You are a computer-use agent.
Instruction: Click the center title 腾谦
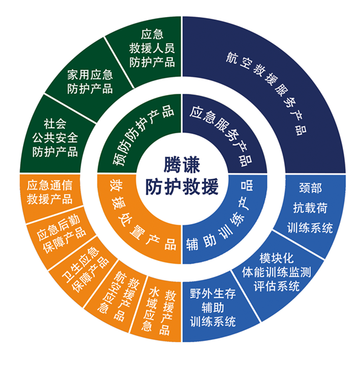click(182, 165)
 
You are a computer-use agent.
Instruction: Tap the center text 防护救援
click(182, 187)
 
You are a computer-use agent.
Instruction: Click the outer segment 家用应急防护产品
click(90, 81)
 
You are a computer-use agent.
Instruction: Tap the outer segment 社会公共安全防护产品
click(55, 138)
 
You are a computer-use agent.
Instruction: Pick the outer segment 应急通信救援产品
click(50, 193)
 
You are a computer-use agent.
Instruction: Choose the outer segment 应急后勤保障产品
click(61, 236)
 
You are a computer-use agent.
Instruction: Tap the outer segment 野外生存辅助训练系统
click(213, 308)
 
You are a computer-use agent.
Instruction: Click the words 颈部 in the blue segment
click(310, 188)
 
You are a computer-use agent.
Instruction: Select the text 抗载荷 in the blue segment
click(310, 208)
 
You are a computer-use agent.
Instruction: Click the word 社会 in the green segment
click(55, 124)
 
